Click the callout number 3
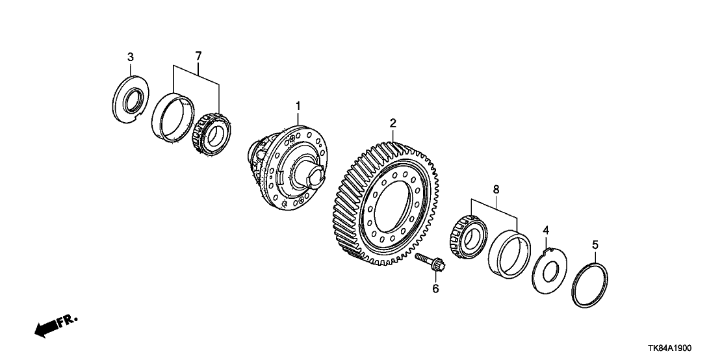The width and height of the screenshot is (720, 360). (131, 57)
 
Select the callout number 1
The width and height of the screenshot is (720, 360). (298, 105)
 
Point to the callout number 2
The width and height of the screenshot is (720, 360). (392, 123)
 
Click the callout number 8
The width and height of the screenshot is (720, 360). (496, 190)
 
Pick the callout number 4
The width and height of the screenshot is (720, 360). (546, 230)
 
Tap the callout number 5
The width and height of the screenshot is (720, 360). (595, 245)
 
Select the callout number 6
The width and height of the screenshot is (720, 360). (435, 288)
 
